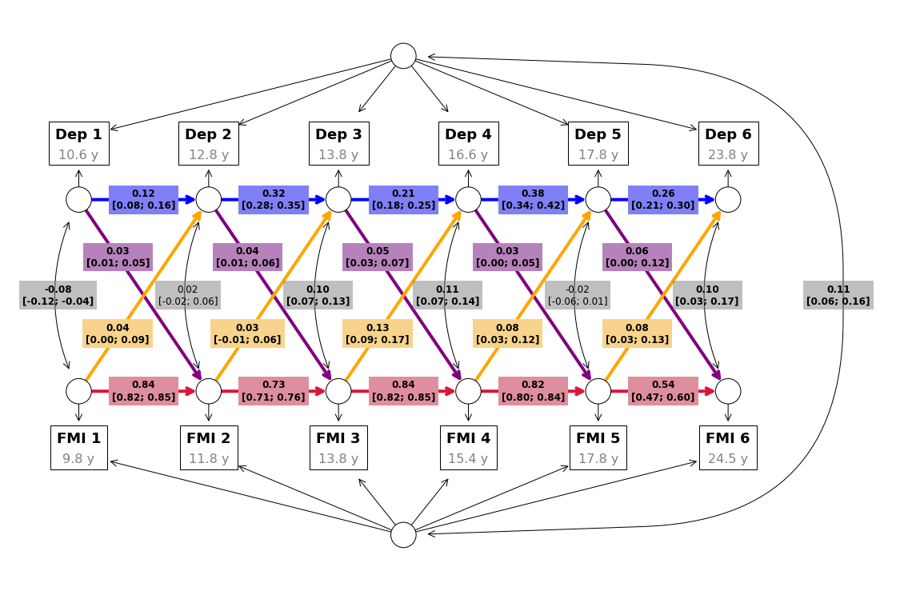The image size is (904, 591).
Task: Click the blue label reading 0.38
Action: pos(534,199)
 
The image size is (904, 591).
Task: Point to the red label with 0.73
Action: pos(274,390)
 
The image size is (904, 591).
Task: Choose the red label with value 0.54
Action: pos(663,390)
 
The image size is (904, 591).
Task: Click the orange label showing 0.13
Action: pos(378,333)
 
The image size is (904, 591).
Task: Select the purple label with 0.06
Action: pos(637,258)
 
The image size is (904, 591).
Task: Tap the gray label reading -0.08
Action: pos(58,295)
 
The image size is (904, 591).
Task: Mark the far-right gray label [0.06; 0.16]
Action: pos(838,295)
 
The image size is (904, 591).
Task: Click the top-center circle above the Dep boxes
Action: pos(403,56)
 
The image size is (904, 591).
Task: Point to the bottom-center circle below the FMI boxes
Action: pos(403,534)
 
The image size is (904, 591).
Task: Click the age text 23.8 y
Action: pos(728,154)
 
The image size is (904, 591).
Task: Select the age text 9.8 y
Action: pos(79,458)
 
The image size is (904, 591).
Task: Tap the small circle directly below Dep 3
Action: pos(338,199)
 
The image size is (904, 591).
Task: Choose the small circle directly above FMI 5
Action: pos(598,391)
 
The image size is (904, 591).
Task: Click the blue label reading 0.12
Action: pos(143,199)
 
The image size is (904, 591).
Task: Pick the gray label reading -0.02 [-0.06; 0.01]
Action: pos(578,295)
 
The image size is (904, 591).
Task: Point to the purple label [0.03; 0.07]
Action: pos(378,258)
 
